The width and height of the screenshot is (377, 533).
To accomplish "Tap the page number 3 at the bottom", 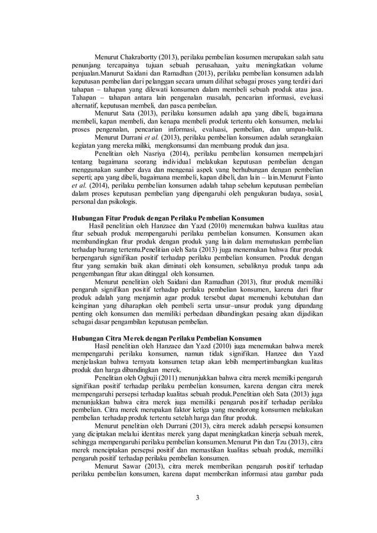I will click(197, 496).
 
